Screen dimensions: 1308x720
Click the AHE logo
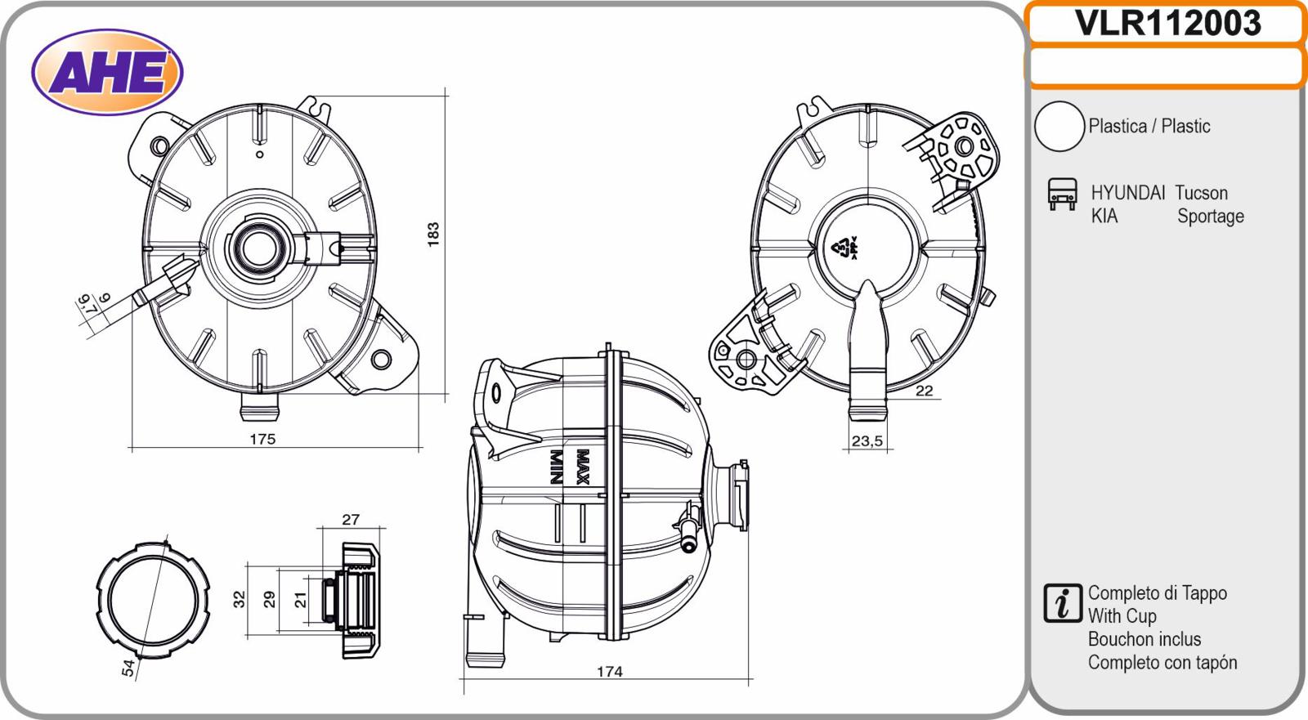click(x=107, y=73)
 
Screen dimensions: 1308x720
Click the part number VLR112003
click(x=1167, y=24)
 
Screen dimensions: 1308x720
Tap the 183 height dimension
click(x=432, y=235)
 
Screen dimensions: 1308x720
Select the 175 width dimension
click(x=262, y=439)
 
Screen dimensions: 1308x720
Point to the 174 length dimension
click(x=609, y=672)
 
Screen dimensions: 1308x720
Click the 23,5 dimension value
click(x=867, y=440)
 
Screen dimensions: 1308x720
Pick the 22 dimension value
click(x=924, y=391)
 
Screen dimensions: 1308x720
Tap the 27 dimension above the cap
click(x=351, y=519)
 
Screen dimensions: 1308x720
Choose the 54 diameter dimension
click(x=128, y=668)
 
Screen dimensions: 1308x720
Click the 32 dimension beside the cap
click(x=240, y=599)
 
